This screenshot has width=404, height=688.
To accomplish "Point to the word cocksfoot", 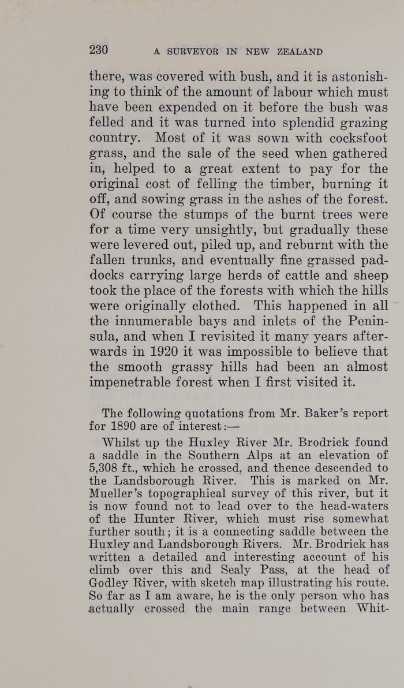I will point(354,139).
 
